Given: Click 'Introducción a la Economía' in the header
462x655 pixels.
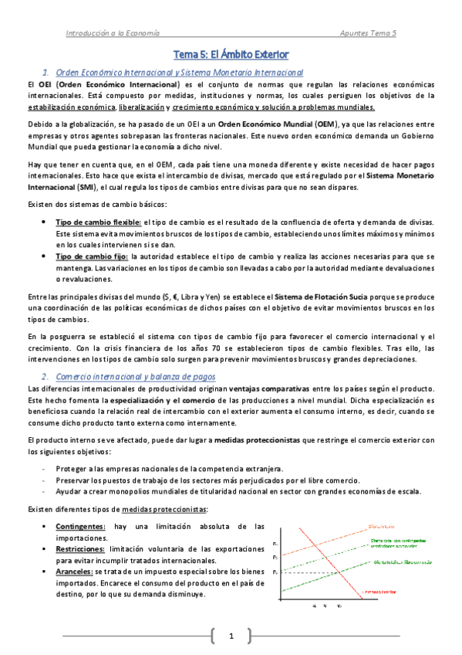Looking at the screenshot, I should (112, 33).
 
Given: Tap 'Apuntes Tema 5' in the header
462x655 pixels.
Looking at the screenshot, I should (368, 33).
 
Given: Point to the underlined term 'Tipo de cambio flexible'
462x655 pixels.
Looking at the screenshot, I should (94, 222).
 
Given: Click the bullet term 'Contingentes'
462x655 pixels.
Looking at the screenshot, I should (84, 526).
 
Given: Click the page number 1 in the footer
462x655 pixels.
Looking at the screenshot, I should (231, 636).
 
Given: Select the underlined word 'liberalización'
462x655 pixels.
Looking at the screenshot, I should (144, 107).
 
